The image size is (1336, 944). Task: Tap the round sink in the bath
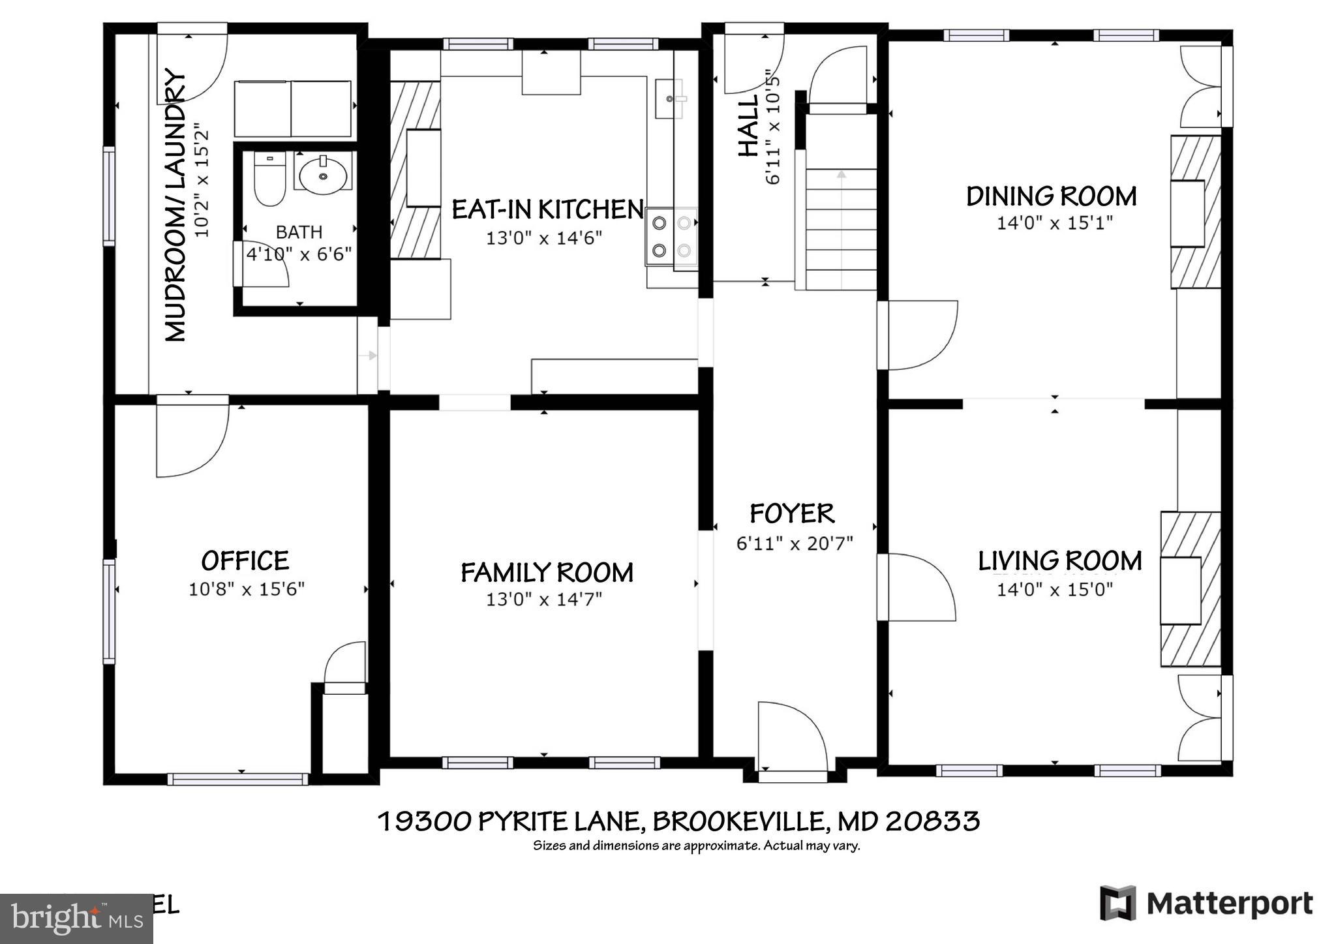click(323, 174)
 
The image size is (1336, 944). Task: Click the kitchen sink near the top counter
click(669, 99)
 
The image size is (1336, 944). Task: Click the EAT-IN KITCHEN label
click(547, 210)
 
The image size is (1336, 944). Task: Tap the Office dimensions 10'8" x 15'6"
click(247, 589)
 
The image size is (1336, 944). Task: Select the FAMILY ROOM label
click(547, 573)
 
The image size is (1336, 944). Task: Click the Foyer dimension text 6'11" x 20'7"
click(794, 543)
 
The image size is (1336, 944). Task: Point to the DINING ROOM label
click(1051, 196)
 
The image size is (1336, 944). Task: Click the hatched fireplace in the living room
click(1189, 589)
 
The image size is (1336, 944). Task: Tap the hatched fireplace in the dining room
click(1195, 212)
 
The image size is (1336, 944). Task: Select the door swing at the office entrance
click(191, 440)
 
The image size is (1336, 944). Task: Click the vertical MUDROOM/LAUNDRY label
click(175, 205)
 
